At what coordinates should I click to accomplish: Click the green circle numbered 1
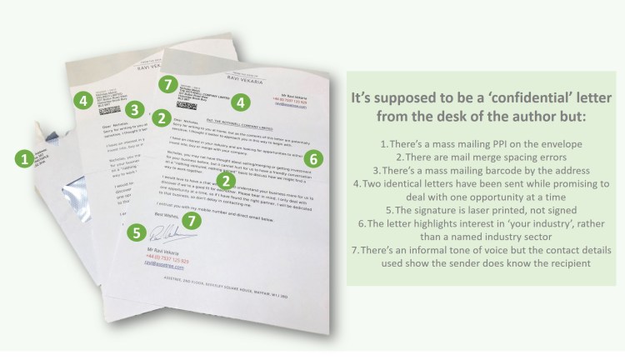pos(26,156)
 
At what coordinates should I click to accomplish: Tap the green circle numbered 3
pos(133,109)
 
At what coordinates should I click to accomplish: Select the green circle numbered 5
pos(135,234)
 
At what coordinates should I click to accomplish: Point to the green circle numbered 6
pos(313,157)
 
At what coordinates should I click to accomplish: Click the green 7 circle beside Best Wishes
pos(192,221)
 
